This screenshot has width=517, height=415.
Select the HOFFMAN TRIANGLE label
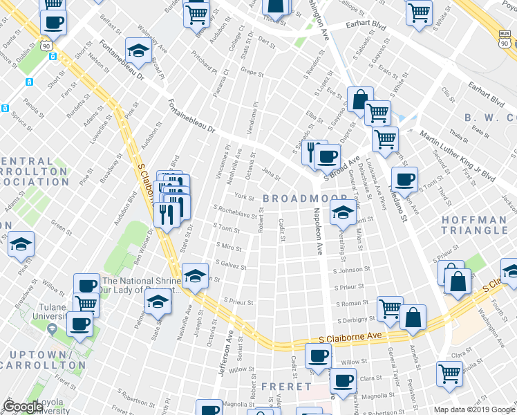[474, 224]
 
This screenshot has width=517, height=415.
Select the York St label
[240, 196]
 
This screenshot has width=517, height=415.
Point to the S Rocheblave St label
[236, 211]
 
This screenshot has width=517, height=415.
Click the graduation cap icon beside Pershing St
[341, 214]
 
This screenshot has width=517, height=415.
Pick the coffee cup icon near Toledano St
[406, 179]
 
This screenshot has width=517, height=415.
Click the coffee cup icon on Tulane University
[79, 324]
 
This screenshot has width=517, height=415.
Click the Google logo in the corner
[23, 407]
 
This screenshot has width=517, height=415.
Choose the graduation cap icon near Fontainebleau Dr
[138, 50]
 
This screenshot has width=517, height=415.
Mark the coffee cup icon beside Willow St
[317, 356]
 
